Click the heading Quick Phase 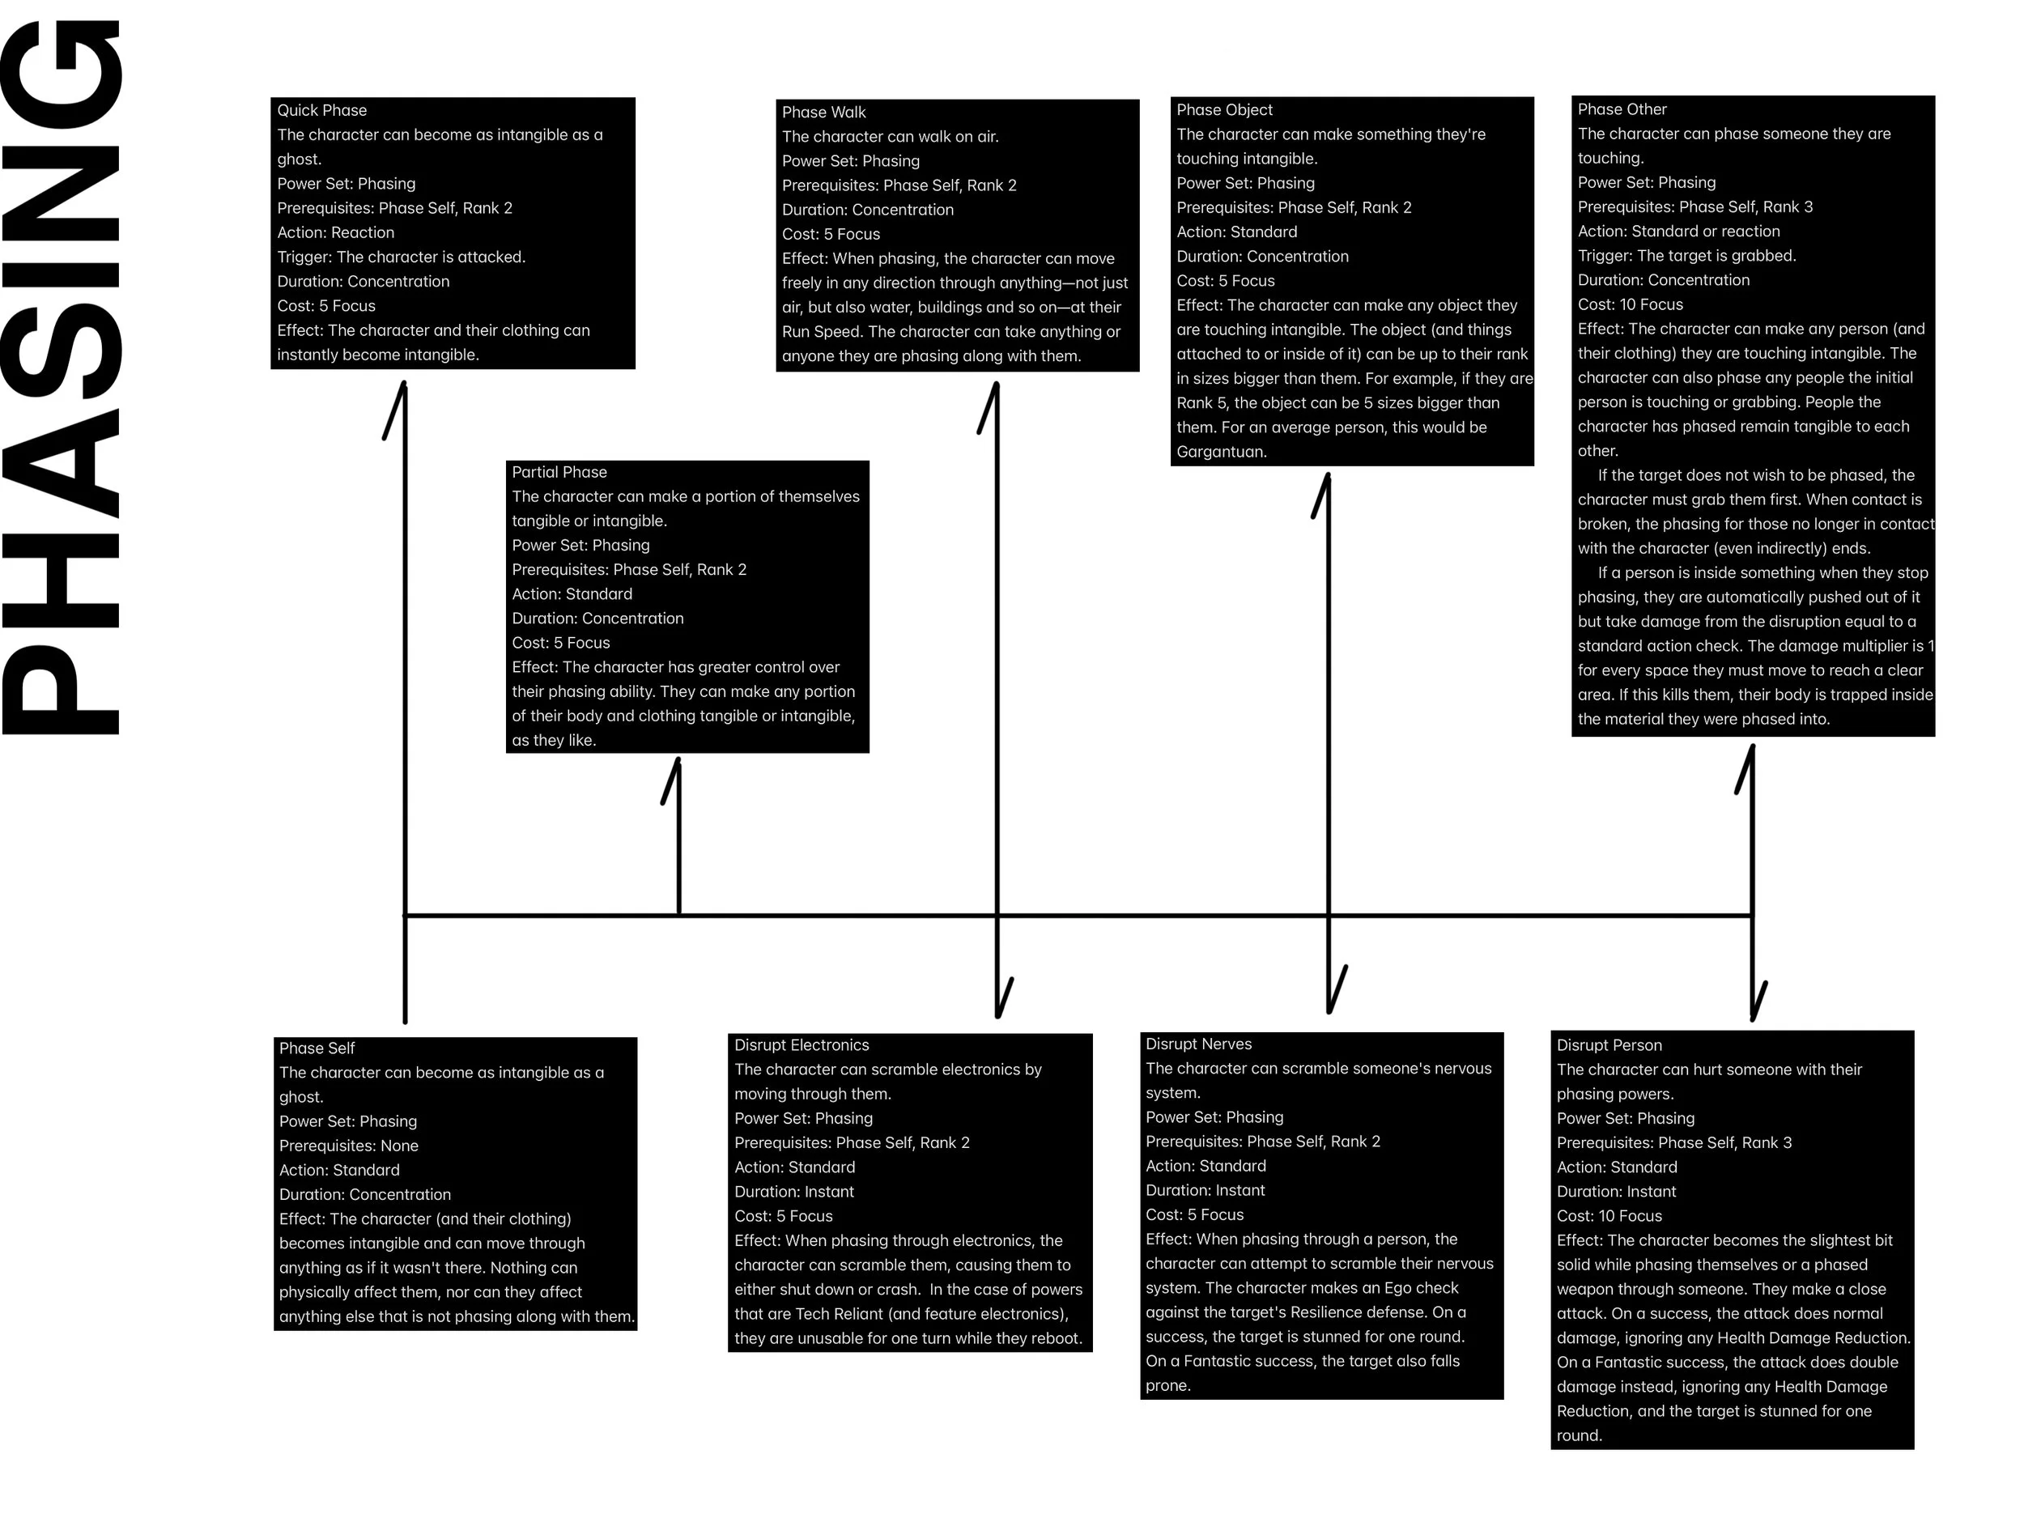pos(322,111)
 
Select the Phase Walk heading pos(823,113)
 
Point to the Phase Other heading pos(1622,108)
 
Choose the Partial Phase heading pos(559,472)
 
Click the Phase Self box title pos(317,1048)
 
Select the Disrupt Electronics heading pos(802,1045)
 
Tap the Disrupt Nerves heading pos(1199,1044)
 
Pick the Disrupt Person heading pos(1609,1045)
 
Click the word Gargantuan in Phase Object pos(1222,452)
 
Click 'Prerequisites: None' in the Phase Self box pos(349,1146)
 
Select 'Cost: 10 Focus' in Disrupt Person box pos(1609,1216)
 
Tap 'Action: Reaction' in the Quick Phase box pos(336,232)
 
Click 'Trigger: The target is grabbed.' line pos(1686,255)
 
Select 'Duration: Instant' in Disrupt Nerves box pos(1205,1190)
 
